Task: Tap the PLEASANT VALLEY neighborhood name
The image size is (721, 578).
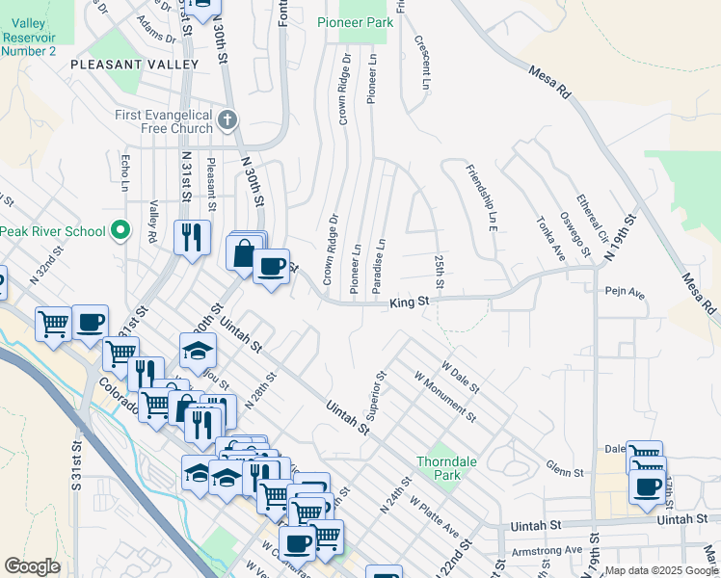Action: click(x=134, y=65)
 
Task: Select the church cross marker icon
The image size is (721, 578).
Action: click(x=227, y=120)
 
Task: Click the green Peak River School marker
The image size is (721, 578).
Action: click(x=120, y=230)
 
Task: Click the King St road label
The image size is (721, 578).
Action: click(x=409, y=303)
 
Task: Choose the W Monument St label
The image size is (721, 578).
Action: click(x=444, y=396)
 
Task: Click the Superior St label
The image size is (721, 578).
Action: click(x=376, y=395)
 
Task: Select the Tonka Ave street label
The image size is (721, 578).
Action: click(x=550, y=236)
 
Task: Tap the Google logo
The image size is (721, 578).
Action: click(x=32, y=566)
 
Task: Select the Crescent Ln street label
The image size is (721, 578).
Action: click(x=421, y=62)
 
